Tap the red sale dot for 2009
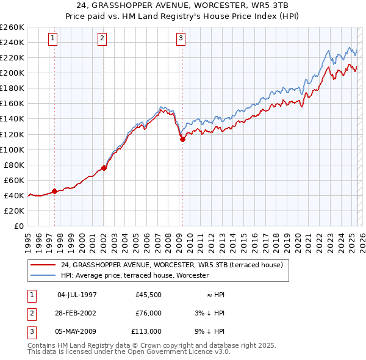(x=182, y=139)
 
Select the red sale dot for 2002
(x=104, y=168)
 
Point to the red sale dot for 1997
(x=54, y=191)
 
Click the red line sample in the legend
(x=43, y=265)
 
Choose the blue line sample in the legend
(x=43, y=276)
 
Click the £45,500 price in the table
(x=148, y=295)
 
